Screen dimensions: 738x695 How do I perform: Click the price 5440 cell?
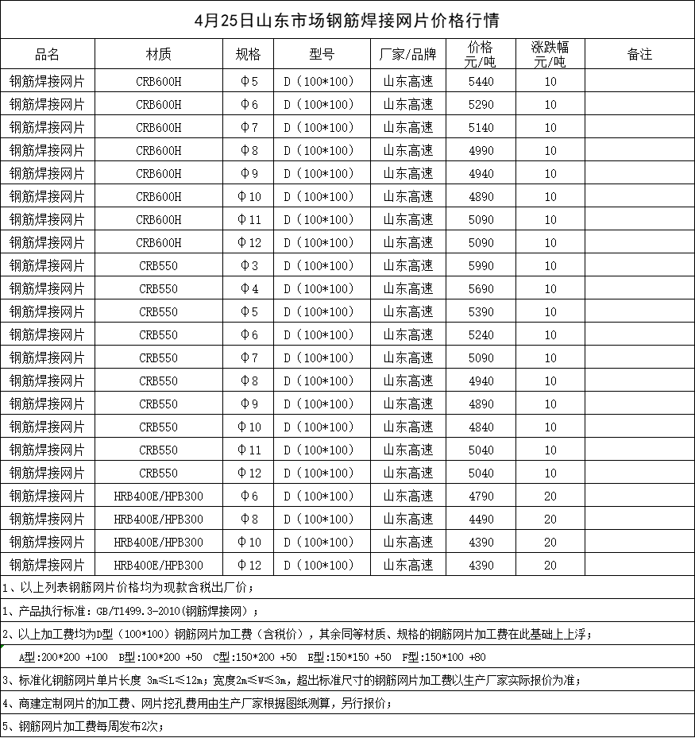(481, 81)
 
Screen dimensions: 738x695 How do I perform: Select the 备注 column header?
(639, 55)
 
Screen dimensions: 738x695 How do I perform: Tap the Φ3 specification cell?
(249, 265)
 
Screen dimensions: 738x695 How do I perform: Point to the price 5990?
(481, 265)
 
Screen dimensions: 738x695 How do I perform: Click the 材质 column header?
(158, 55)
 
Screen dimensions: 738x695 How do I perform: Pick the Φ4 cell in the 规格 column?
(249, 288)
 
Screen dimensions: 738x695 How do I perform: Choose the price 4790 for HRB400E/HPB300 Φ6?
(481, 496)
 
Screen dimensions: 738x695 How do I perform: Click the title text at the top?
(347, 19)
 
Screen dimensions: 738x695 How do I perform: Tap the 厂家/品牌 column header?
(408, 55)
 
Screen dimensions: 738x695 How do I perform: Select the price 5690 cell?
(481, 288)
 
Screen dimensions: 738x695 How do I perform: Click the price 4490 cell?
(481, 519)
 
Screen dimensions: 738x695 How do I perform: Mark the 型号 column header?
(321, 55)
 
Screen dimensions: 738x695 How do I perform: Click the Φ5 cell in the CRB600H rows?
(249, 81)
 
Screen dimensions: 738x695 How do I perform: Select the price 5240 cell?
(481, 334)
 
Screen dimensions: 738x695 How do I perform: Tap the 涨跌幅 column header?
(550, 54)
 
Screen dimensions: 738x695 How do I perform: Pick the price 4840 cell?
(481, 427)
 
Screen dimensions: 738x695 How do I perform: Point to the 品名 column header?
(48, 55)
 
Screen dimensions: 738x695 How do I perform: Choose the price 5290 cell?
(481, 104)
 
